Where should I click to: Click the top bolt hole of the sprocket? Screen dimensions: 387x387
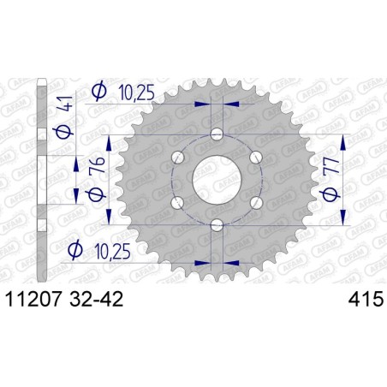click(x=217, y=134)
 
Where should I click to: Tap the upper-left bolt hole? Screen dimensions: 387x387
click(x=178, y=158)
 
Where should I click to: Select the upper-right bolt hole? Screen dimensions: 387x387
click(x=256, y=158)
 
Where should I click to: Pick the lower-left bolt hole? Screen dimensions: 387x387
click(x=178, y=202)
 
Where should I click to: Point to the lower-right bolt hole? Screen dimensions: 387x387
click(x=256, y=202)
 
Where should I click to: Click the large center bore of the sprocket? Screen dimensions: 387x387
click(x=217, y=180)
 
